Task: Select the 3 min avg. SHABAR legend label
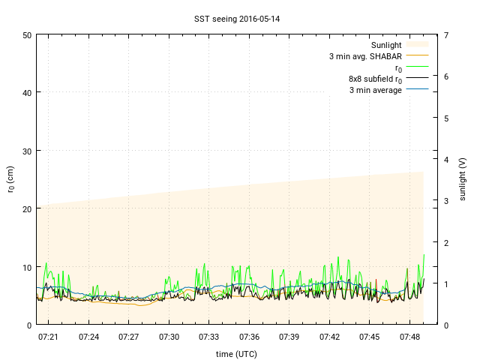pos(365,56)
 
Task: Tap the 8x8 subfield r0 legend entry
pos(375,79)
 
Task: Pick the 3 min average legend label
pos(375,90)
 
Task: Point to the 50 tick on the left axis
pos(27,35)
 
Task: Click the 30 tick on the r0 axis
pos(27,151)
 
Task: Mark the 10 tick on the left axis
pos(27,267)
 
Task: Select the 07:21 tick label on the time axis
pos(49,337)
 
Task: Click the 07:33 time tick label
pos(209,337)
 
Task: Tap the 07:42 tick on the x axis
pos(330,337)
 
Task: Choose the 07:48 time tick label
pos(410,337)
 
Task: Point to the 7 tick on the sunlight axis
pos(446,35)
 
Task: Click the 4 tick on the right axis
pos(446,160)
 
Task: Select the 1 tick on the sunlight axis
pos(446,283)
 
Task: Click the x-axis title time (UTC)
pos(236,352)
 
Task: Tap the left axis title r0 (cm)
pos(11,179)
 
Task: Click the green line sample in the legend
pos(417,67)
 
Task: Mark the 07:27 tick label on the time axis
pos(129,337)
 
